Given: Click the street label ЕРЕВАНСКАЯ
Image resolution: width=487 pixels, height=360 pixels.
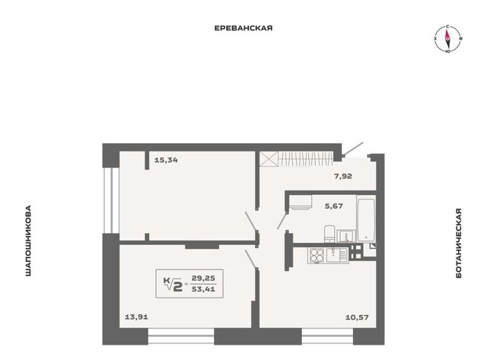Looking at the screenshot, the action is [x=243, y=28].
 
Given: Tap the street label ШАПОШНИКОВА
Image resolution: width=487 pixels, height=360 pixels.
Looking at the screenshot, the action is [x=28, y=241].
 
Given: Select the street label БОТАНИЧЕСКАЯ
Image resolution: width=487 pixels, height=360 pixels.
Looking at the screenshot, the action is [x=459, y=243].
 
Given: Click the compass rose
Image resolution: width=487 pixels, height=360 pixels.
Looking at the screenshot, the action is [x=447, y=39].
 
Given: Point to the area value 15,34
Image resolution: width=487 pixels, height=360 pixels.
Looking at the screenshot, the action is [x=166, y=161].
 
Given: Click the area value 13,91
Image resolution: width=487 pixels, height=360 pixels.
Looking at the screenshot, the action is [x=136, y=317].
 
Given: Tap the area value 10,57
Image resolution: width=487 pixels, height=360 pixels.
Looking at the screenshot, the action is [x=357, y=317].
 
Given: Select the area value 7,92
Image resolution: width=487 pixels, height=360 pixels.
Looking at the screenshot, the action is [x=343, y=176].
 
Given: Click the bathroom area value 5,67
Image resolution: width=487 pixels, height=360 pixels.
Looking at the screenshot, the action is [x=334, y=206].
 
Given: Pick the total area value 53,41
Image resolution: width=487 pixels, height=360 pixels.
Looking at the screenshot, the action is [x=203, y=289].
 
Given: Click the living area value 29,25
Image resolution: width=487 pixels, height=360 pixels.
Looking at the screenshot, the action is [x=203, y=278].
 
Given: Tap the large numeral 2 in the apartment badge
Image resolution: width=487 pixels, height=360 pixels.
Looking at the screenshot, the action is [x=177, y=285].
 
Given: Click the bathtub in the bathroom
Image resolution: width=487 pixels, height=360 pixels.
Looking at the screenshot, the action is [x=366, y=220].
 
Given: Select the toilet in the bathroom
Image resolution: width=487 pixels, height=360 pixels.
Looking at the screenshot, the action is [x=329, y=234].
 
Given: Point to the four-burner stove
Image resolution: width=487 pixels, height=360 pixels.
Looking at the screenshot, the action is [x=317, y=256].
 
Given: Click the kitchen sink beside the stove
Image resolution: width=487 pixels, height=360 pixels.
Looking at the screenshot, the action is [x=336, y=256].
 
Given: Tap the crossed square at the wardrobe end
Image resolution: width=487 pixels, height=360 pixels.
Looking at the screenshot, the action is [x=269, y=159].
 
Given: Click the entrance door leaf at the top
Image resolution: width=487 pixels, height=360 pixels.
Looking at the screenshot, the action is [x=353, y=148].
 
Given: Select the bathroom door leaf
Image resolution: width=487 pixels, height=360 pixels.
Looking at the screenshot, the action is [x=282, y=220].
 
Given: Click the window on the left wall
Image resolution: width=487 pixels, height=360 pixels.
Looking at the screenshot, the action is [x=111, y=200].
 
